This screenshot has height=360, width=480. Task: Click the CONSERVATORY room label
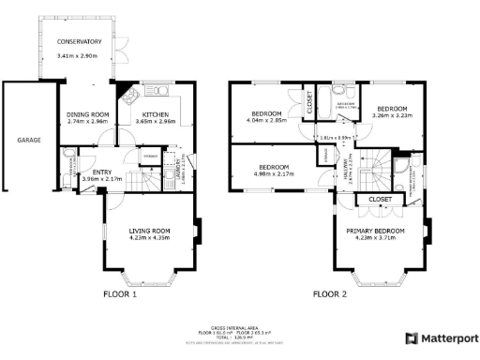click(x=79, y=42)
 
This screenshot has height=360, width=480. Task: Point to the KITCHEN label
click(x=155, y=114)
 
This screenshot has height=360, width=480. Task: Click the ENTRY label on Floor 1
click(x=101, y=172)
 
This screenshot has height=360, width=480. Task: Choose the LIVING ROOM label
click(x=149, y=231)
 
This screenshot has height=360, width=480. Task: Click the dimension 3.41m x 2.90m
click(x=79, y=56)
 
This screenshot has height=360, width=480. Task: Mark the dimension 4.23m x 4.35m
click(x=149, y=238)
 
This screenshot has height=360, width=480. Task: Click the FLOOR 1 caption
click(x=120, y=294)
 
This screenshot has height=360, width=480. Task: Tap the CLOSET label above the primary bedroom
click(x=380, y=200)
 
